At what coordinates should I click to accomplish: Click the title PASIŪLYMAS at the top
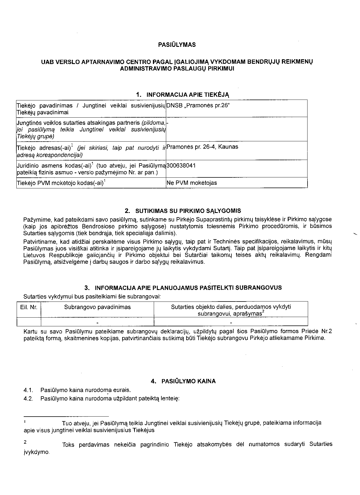point(177,45)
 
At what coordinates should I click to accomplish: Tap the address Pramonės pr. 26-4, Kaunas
point(202,147)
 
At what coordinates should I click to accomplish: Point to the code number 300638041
point(181,166)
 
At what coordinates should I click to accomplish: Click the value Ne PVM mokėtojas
point(192,183)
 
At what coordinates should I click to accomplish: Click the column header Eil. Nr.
point(29,307)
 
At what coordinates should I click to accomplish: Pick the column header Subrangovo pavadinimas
point(97,307)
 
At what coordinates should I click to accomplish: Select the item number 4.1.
point(28,390)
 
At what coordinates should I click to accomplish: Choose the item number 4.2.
point(28,399)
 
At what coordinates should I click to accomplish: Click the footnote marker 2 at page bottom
point(25,443)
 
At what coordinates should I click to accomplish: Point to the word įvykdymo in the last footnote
point(36,452)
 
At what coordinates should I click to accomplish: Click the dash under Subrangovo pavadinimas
point(97,322)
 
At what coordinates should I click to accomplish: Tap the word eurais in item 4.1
point(122,390)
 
